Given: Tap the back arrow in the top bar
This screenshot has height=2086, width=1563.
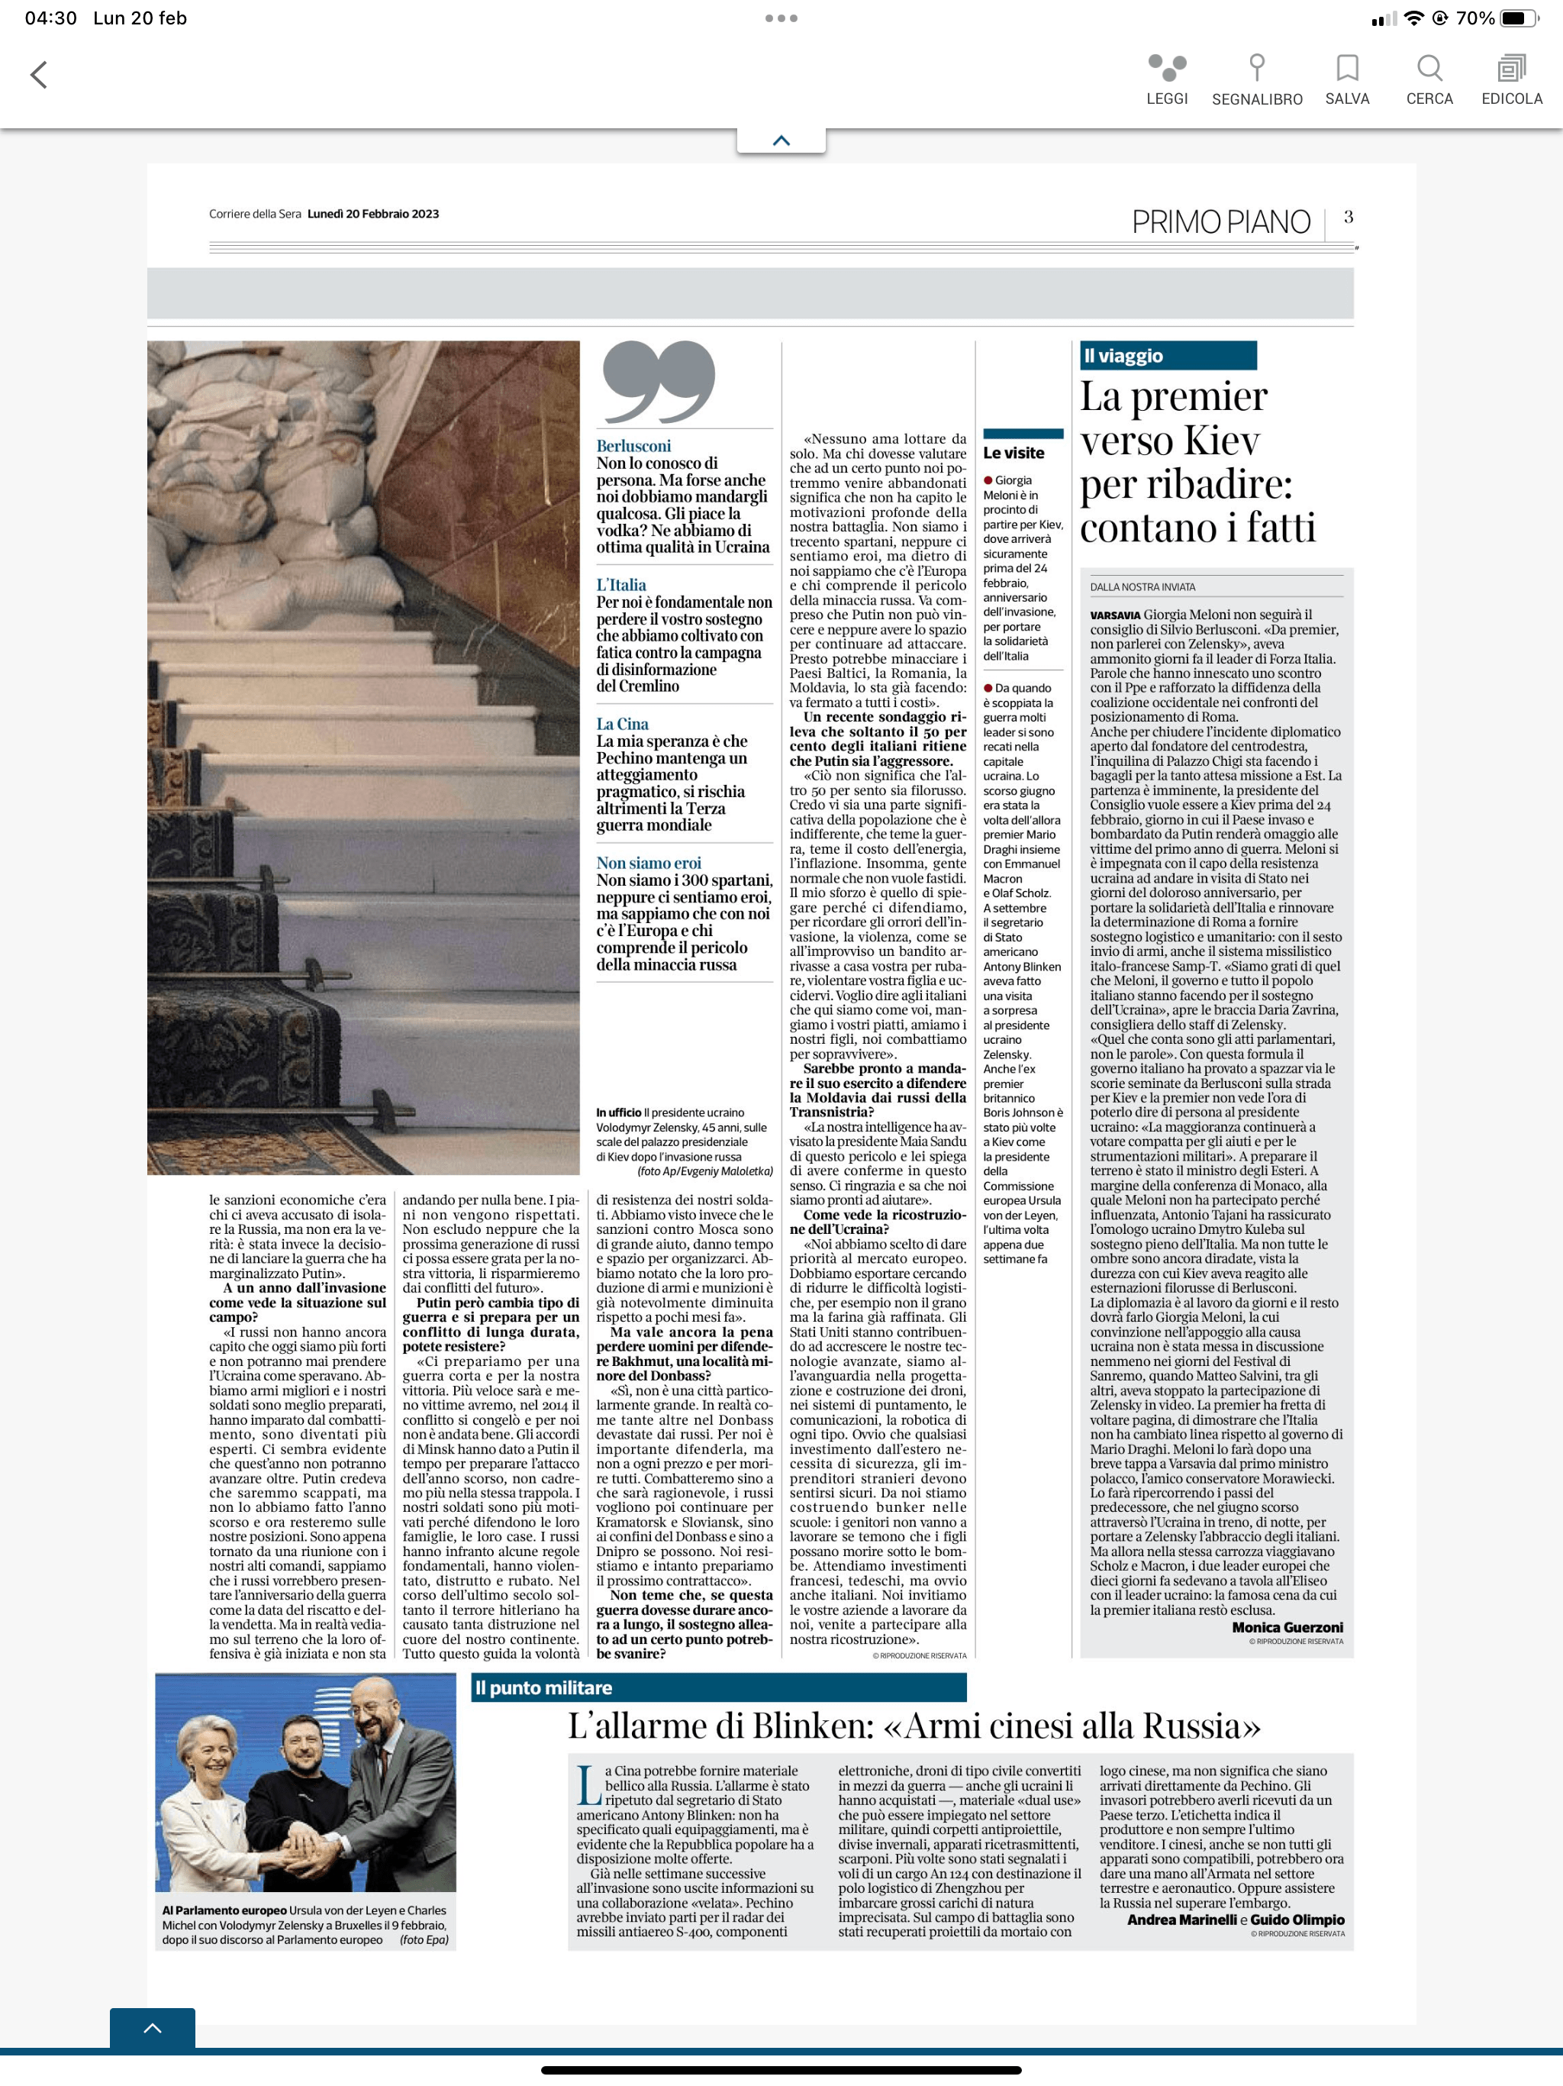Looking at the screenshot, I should [x=39, y=75].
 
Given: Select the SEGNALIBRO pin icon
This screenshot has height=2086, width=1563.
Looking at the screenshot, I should [x=1257, y=68].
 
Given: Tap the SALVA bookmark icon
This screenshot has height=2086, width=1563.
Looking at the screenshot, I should [x=1347, y=68].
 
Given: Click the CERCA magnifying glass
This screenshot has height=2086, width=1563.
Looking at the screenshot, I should [x=1429, y=68].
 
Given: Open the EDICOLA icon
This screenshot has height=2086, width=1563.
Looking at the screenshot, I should [x=1511, y=68].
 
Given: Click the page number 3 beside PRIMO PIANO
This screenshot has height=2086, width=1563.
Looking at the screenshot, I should [x=1348, y=217].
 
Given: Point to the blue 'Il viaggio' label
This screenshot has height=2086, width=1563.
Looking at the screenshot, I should [x=1167, y=356].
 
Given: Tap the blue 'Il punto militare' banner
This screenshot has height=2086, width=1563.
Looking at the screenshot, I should [x=717, y=1687].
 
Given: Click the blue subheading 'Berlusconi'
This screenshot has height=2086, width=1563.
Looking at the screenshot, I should [x=633, y=446].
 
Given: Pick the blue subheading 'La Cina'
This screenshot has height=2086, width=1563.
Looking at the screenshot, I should [x=622, y=723].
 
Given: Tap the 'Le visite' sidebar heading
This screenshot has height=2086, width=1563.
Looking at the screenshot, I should [x=1014, y=453].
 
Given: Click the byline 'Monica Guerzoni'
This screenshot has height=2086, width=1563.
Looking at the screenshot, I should [x=1287, y=1627].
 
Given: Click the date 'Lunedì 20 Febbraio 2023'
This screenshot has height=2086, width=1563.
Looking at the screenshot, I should [x=373, y=214].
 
